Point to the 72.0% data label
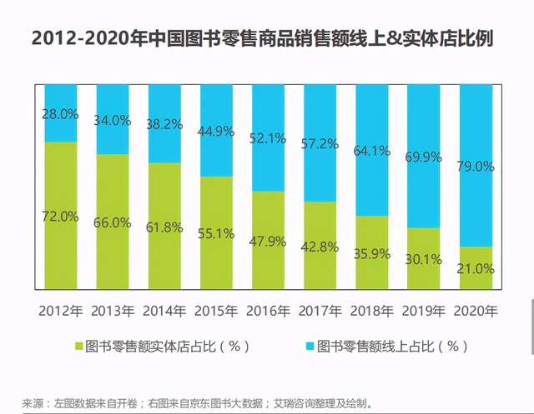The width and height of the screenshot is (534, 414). [60, 217]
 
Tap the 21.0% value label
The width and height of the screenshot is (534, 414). [476, 268]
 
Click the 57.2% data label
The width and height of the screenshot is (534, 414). [320, 144]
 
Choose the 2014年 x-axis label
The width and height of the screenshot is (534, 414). [164, 312]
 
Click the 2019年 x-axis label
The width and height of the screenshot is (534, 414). [425, 312]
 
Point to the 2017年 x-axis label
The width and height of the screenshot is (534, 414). [320, 312]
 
